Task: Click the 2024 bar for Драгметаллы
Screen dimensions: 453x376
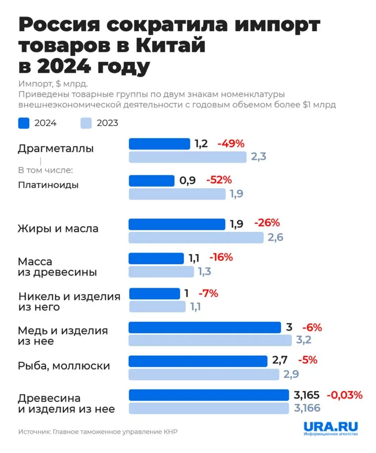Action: pyautogui.click(x=159, y=144)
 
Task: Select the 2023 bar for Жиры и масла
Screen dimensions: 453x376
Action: pyautogui.click(x=196, y=238)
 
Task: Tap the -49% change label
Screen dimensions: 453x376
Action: pyautogui.click(x=231, y=144)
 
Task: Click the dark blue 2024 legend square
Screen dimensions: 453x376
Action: pyautogui.click(x=24, y=123)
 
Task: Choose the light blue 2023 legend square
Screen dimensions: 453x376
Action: pyautogui.click(x=86, y=123)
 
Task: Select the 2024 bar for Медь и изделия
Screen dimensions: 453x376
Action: pyautogui.click(x=205, y=327)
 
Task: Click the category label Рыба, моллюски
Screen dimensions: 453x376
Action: pyautogui.click(x=64, y=366)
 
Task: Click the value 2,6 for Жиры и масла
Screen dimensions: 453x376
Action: pyautogui.click(x=276, y=238)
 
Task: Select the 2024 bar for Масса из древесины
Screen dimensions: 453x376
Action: pyautogui.click(x=156, y=258)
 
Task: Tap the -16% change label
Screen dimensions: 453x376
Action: pyautogui.click(x=221, y=257)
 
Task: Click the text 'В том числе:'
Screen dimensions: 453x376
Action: pyautogui.click(x=45, y=170)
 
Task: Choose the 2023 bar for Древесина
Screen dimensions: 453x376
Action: pyautogui.click(x=209, y=408)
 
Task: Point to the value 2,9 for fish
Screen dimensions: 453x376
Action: pyautogui.click(x=291, y=374)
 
